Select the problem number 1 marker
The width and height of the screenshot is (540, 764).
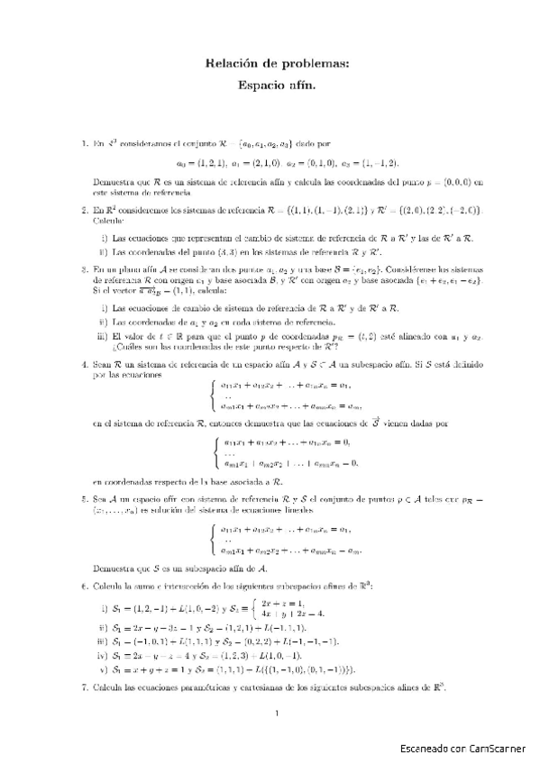coord(84,143)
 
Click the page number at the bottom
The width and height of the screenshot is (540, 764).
coord(278,715)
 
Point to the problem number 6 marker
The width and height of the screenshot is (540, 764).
coord(84,586)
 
